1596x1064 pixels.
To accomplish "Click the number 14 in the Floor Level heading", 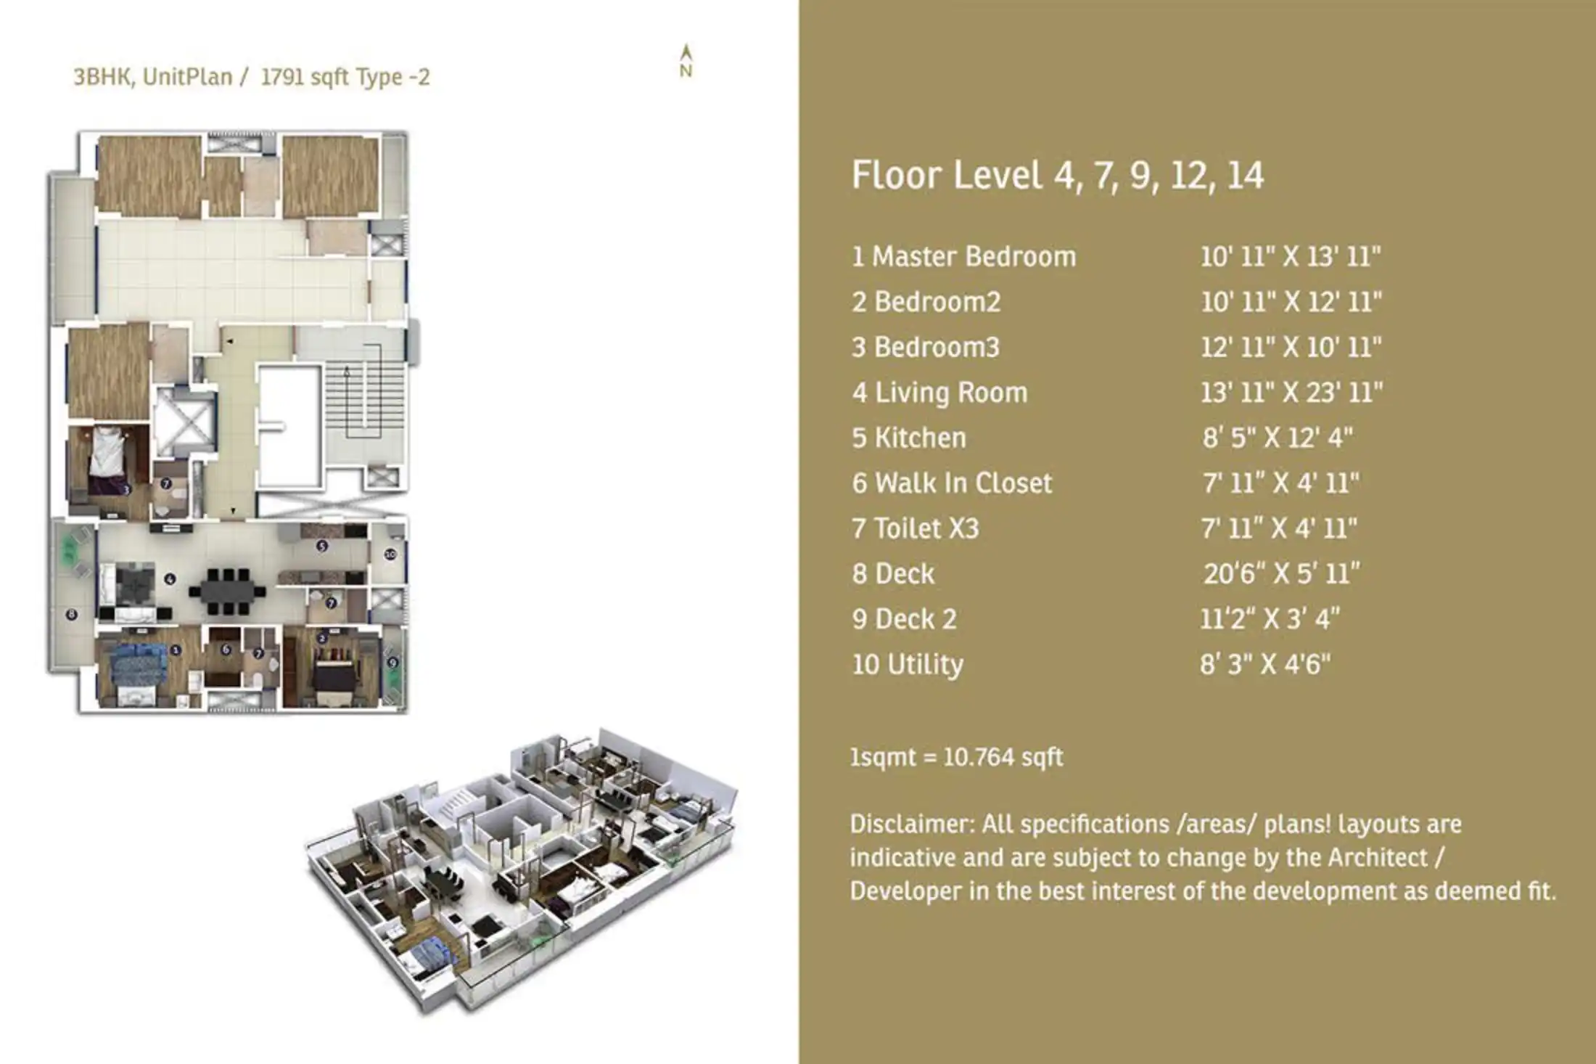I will coord(1245,176).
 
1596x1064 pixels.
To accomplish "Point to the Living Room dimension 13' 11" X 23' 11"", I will coord(1291,393).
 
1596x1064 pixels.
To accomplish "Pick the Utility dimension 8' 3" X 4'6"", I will coord(1265,664).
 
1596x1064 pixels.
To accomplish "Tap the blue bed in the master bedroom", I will coord(138,668).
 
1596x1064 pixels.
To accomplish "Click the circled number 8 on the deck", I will coord(71,615).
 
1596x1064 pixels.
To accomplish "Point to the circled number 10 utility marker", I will coord(390,554).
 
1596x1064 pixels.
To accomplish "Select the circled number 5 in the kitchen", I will coord(322,546).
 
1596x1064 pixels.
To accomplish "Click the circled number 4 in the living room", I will coord(170,578).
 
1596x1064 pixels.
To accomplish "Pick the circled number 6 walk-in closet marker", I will coord(226,650).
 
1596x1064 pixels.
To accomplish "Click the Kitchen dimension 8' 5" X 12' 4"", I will coord(1278,438).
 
